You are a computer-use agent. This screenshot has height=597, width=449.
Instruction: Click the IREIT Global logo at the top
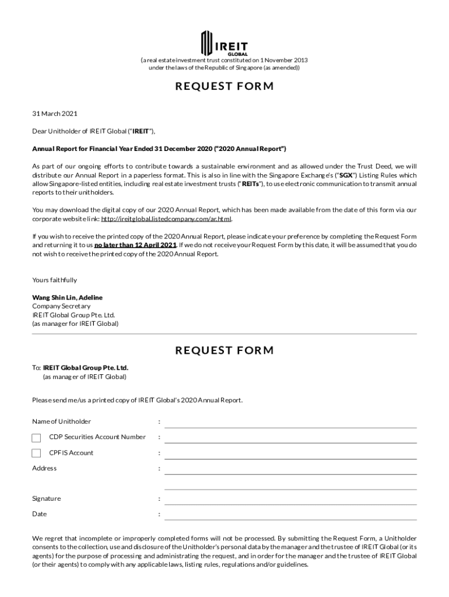pos(224,43)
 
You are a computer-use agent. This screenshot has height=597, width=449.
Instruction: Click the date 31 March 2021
pos(55,114)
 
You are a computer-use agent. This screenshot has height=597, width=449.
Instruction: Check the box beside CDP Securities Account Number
pos(36,438)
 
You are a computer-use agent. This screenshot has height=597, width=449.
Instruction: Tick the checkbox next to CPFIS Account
pos(36,454)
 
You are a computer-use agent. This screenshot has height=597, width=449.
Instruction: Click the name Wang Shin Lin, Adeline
pos(67,297)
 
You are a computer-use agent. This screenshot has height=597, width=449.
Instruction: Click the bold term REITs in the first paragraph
pos(252,184)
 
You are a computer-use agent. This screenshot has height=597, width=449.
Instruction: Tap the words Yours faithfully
pos(54,280)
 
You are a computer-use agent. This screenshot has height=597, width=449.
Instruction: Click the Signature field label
pos(46,499)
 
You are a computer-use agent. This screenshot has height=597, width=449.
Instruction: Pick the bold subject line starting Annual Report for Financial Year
pos(159,149)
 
